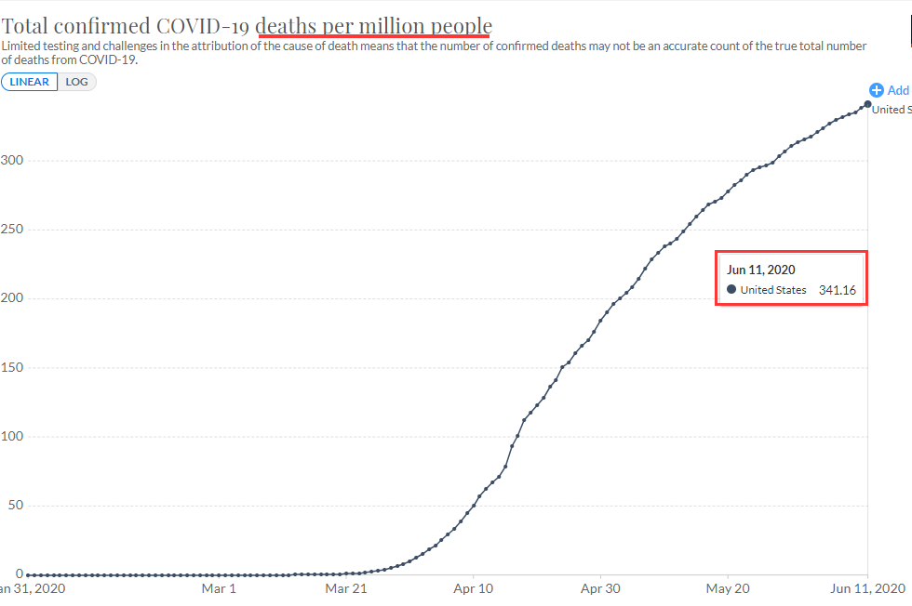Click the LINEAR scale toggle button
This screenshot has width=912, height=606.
coord(30,82)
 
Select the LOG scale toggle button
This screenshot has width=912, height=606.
coord(77,82)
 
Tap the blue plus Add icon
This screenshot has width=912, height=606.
coord(876,90)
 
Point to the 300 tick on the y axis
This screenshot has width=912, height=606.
coord(11,160)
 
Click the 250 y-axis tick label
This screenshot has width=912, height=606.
coord(11,230)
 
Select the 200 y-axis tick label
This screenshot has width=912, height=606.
coord(11,298)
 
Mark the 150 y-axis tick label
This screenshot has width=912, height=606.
coord(11,367)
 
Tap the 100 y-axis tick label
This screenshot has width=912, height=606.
coord(11,437)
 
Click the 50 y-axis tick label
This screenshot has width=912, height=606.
coord(15,506)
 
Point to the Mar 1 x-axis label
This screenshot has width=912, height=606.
coord(220,588)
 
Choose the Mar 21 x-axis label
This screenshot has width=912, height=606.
coord(346,588)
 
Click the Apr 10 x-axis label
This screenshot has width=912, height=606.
coord(474,588)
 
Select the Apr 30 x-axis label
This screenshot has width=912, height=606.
coord(600,588)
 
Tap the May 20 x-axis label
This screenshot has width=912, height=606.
coord(728,588)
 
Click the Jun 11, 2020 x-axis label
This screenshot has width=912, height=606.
coord(865,588)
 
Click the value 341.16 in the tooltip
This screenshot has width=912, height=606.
coord(838,290)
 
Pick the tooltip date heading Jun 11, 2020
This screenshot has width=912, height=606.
coord(761,270)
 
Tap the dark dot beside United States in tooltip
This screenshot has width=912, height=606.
coord(731,290)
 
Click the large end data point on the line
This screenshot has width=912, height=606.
coord(868,104)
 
